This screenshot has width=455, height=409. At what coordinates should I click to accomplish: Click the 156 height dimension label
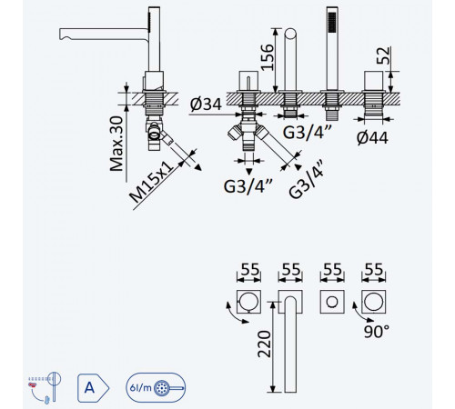coord(268,57)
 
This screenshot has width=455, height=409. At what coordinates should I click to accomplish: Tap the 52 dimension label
coord(383,55)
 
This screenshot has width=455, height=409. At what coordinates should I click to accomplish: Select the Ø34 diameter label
coord(206,105)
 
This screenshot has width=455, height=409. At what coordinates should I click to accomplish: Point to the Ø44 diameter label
coord(372,138)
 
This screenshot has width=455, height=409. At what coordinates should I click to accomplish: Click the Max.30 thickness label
coord(116,144)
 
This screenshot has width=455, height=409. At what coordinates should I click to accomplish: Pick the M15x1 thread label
coord(151,182)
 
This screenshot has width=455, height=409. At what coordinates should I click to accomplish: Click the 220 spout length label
coord(264,344)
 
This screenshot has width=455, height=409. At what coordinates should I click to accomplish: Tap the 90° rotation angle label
coord(377,332)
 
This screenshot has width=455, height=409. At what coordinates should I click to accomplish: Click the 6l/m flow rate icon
coord(156,388)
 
